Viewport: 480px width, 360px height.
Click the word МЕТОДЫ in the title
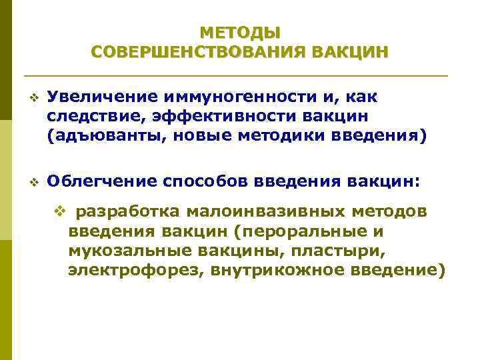tap(240, 32)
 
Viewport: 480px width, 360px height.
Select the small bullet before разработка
tap(59, 213)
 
